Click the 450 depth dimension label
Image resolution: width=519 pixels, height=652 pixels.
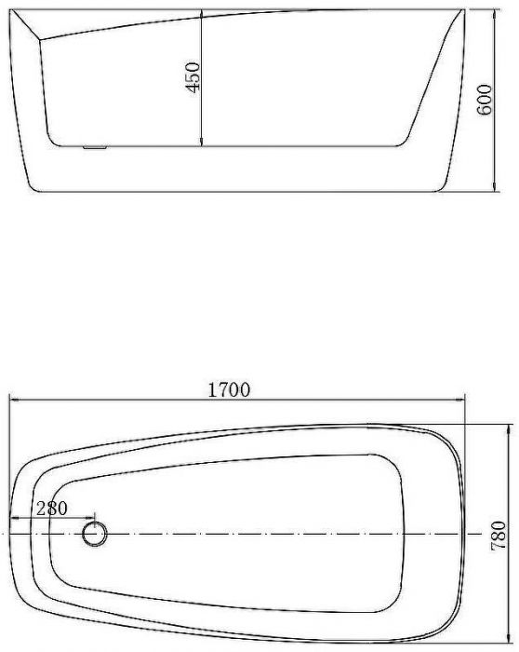tap(193, 77)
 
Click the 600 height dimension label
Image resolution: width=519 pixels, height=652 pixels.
tap(485, 100)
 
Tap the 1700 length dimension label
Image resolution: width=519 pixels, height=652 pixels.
tap(229, 390)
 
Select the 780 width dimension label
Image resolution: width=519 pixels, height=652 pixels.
tap(499, 536)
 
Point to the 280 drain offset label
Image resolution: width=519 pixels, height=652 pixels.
tap(51, 509)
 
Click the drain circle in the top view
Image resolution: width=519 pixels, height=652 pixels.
tap(95, 534)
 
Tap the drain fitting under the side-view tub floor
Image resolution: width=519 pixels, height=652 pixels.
tap(95, 147)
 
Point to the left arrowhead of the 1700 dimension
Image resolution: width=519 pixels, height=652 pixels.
tap(15, 400)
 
